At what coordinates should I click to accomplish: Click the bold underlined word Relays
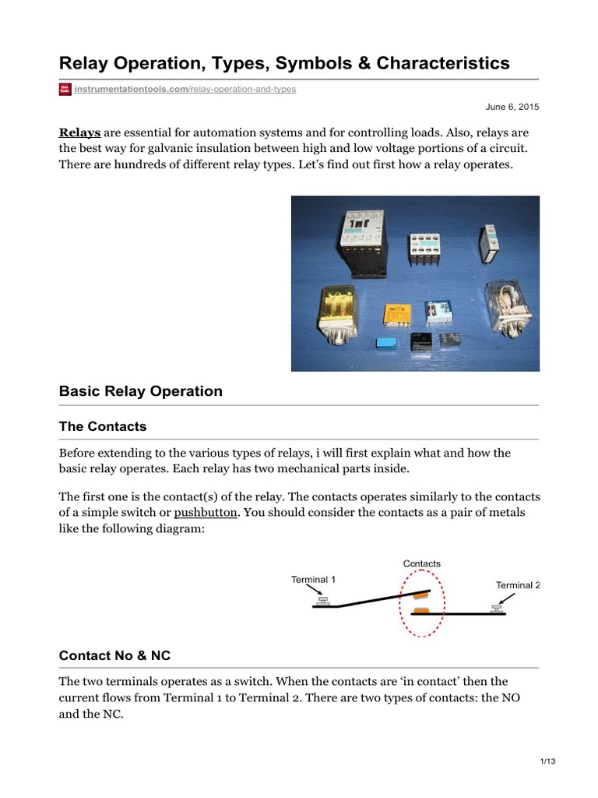pyautogui.click(x=79, y=132)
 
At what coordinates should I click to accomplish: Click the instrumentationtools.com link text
pyautogui.click(x=130, y=90)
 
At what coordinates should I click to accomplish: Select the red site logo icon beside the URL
pyautogui.click(x=65, y=90)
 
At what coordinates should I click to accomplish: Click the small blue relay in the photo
pyautogui.click(x=385, y=344)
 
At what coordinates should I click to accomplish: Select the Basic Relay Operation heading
pyautogui.click(x=140, y=391)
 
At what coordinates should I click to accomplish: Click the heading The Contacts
pyautogui.click(x=103, y=427)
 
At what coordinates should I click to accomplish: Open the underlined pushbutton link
pyautogui.click(x=199, y=512)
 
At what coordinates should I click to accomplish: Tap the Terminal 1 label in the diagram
pyautogui.click(x=313, y=580)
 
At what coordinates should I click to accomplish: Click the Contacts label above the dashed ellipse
pyautogui.click(x=422, y=563)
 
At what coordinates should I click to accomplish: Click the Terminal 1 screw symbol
pyautogui.click(x=323, y=601)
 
